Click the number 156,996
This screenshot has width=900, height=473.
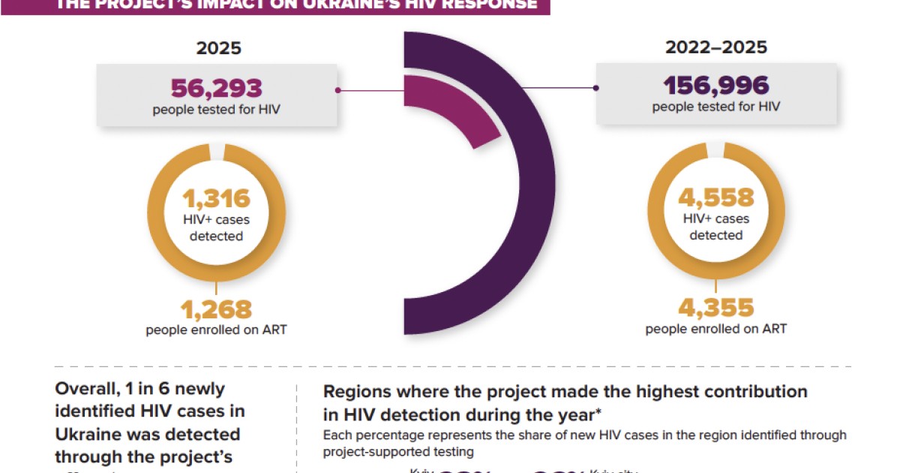pos(715,85)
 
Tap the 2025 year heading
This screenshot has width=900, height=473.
pos(219,49)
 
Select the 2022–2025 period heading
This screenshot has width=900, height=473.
pos(716,47)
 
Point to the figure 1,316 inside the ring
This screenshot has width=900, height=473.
pos(216,199)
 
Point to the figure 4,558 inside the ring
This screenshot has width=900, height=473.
pos(715,197)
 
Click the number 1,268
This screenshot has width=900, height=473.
pos(216,309)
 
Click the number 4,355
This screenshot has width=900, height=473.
pos(715,308)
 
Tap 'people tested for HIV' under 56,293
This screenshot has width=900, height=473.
pos(217,110)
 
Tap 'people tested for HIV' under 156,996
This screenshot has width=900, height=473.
pos(715,107)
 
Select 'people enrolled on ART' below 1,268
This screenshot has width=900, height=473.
pos(216,330)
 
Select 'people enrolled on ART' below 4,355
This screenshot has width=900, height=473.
pos(715,329)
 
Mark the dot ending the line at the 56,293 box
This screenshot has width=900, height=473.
pos(338,90)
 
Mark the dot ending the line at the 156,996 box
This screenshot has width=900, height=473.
pos(595,87)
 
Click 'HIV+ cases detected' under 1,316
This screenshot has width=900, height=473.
pos(216,228)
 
